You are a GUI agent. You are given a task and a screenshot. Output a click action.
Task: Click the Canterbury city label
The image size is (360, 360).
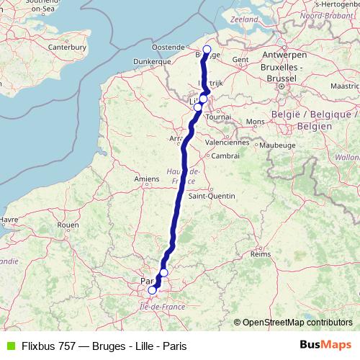click(69, 48)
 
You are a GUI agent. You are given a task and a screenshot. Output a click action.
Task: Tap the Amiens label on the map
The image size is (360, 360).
click(146, 178)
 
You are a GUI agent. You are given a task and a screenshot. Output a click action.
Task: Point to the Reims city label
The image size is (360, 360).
click(259, 254)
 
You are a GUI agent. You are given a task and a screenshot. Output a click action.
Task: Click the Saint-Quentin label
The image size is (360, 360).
click(208, 195)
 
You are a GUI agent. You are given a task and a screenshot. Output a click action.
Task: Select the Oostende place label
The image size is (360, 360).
click(169, 48)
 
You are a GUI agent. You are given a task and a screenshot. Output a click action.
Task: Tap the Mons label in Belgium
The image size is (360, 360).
click(255, 122)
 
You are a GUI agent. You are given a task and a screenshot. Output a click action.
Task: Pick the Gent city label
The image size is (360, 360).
click(240, 60)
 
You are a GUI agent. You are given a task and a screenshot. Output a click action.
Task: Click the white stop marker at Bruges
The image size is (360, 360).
click(207, 50)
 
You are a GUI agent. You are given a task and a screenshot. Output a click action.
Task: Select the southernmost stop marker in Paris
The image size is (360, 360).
click(151, 290)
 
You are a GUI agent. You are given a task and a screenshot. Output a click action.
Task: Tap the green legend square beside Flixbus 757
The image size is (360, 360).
click(9, 346)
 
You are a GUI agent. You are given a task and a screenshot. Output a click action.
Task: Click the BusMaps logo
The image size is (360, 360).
click(325, 346)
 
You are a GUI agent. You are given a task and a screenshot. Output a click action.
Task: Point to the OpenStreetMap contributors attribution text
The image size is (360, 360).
click(297, 322)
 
